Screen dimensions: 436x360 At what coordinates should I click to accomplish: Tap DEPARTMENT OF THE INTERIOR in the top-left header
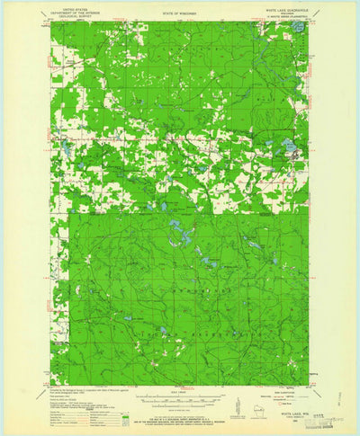70,11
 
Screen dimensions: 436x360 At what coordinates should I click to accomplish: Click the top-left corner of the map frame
51,22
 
